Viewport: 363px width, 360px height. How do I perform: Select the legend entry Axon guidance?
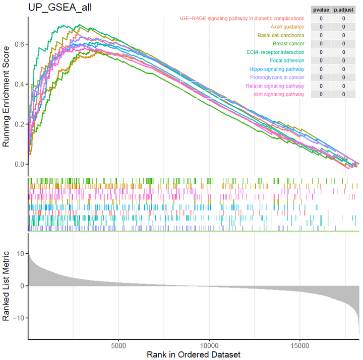tap(287, 27)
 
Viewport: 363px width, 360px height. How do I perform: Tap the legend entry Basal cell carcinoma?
tap(281, 35)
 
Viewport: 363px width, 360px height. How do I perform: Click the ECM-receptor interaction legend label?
tap(275, 52)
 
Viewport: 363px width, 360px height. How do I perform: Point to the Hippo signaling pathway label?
tap(277, 69)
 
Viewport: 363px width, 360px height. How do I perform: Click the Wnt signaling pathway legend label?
tap(279, 94)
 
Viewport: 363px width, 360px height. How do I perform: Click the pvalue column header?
tap(321, 10)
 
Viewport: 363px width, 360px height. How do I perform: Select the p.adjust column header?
tap(343, 10)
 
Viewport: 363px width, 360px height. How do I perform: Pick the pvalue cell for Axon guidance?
tap(321, 27)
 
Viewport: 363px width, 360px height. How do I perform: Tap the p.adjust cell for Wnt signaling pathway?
tap(343, 94)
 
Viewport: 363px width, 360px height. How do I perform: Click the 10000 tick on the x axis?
tap(209, 346)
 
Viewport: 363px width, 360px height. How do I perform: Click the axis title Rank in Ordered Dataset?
tap(194, 354)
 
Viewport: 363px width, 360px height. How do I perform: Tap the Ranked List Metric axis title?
tap(7, 285)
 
